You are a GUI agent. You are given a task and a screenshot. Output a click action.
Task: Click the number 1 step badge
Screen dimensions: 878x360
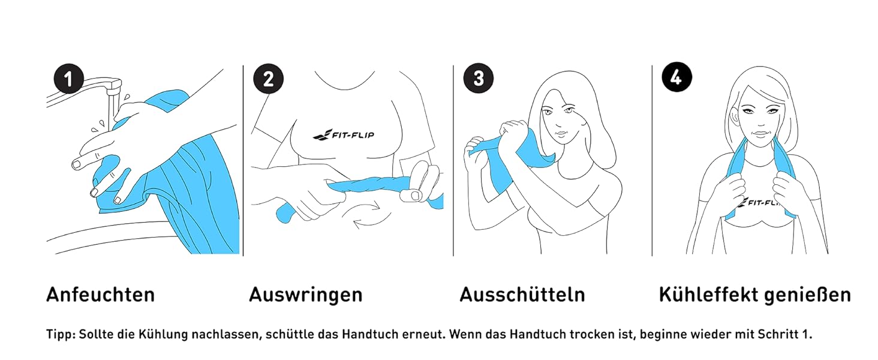[x=69, y=79]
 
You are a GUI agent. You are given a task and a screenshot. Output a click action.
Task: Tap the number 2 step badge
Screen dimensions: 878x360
[x=269, y=79]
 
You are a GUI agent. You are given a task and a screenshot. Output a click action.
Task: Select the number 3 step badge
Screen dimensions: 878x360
[x=479, y=78]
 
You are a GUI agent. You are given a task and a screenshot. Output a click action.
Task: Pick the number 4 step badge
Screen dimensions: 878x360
[x=677, y=77]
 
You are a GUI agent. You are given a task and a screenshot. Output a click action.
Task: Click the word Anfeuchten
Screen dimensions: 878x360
[x=101, y=295]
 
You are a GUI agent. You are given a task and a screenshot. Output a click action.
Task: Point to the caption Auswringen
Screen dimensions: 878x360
[x=306, y=295]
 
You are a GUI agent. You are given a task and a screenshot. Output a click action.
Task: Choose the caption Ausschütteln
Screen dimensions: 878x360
[x=522, y=295]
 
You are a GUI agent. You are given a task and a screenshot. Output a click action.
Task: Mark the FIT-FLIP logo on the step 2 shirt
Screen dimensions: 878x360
[x=344, y=134]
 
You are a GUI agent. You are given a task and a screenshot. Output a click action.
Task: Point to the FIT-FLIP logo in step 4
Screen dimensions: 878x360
[x=757, y=203]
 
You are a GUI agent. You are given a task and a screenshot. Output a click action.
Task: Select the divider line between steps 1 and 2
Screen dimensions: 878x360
[x=243, y=161]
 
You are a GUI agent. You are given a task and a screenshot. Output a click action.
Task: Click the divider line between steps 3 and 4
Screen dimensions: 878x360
[x=653, y=161]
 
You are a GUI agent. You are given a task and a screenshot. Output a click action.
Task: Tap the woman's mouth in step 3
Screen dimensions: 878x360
[x=561, y=134]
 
